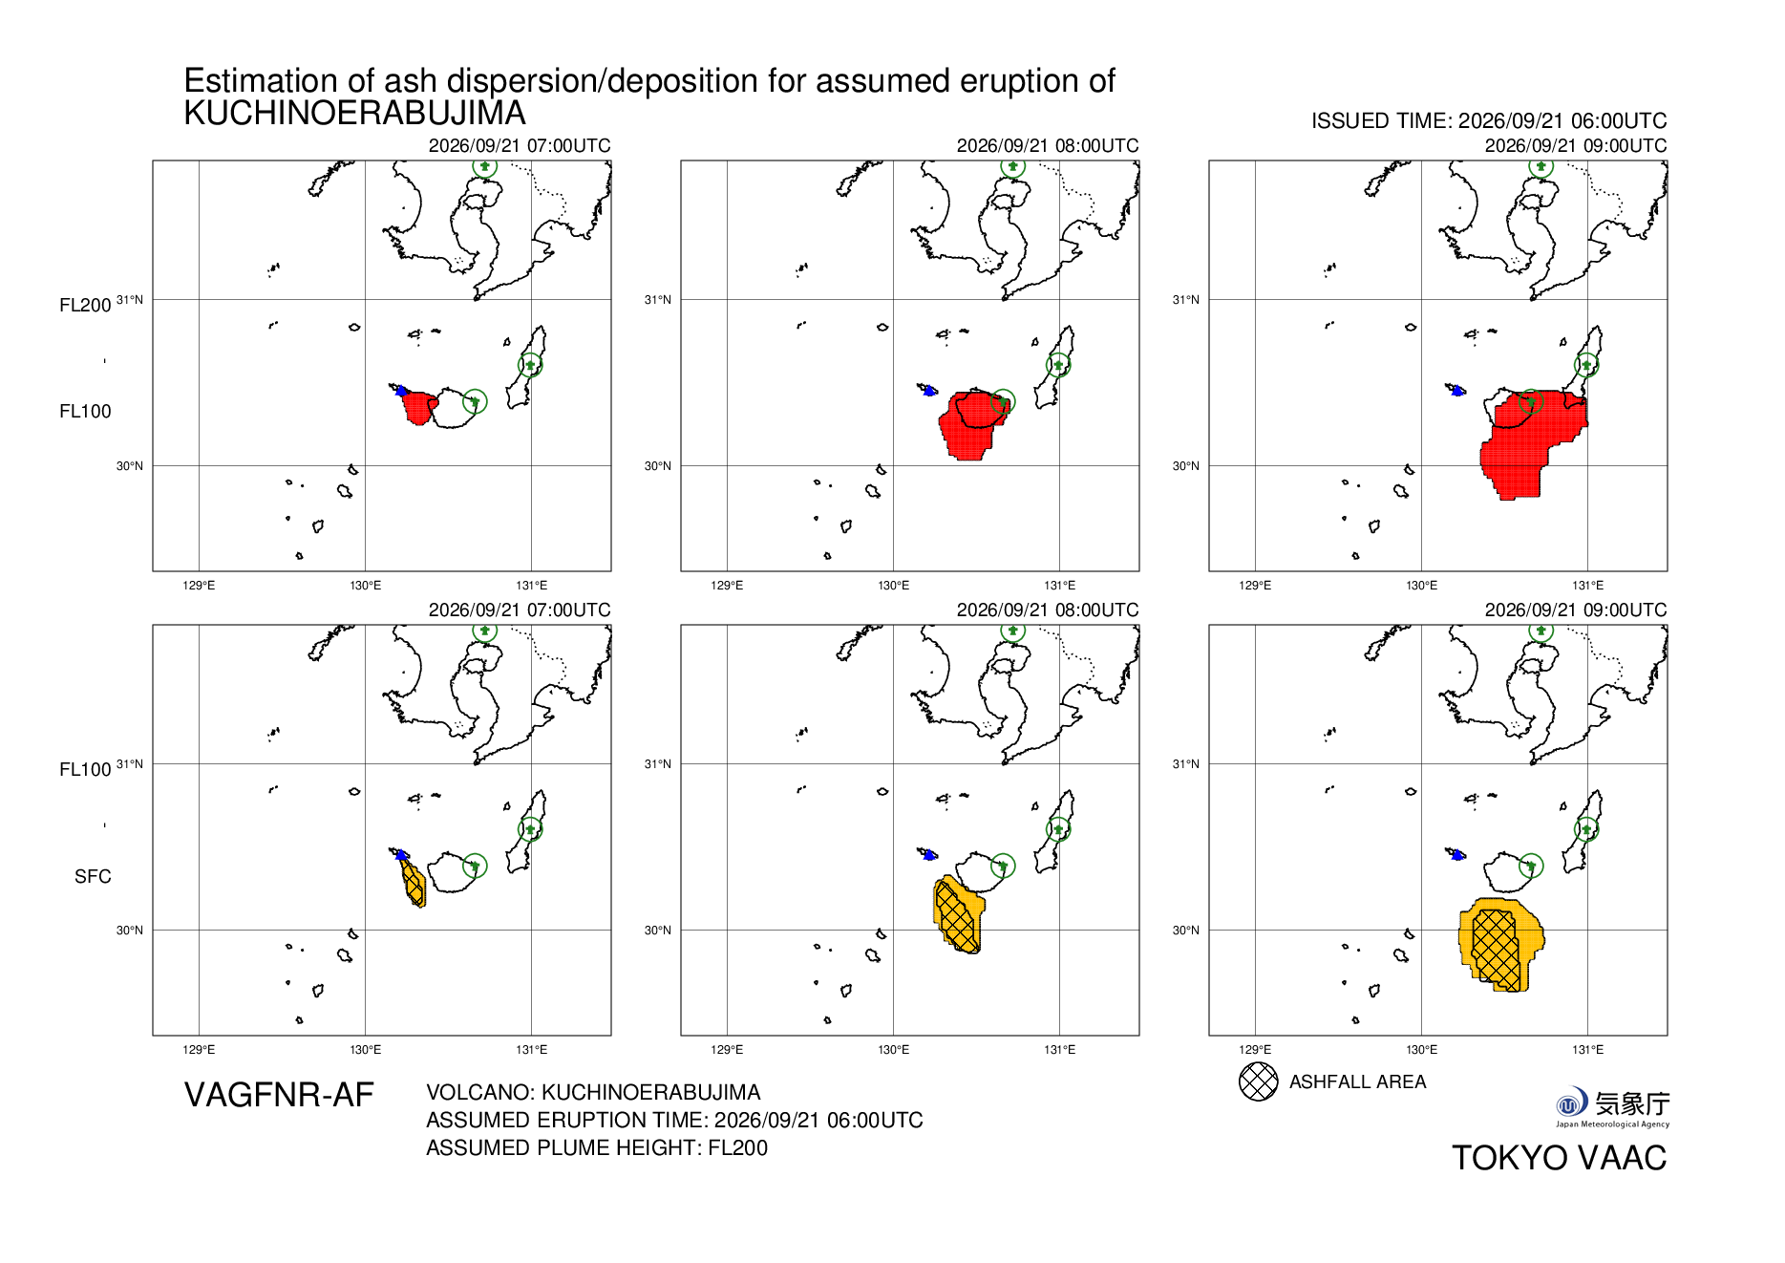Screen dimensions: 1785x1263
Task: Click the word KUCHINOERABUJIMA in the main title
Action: [x=354, y=114]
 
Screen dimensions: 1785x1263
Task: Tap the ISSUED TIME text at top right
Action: [x=1489, y=121]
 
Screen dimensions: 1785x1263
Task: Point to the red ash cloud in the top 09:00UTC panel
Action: [x=1528, y=441]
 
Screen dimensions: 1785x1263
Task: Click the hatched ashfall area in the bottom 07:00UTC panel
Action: [x=414, y=883]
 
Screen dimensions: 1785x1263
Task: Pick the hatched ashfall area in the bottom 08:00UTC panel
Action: [x=957, y=916]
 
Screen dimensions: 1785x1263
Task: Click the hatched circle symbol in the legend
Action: [x=1258, y=1081]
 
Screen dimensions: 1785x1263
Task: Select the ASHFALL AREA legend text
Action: [x=1357, y=1081]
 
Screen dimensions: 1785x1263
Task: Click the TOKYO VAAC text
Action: [x=1559, y=1158]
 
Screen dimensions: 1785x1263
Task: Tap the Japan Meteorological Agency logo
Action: [x=1612, y=1107]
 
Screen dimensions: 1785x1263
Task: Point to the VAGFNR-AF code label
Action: [x=279, y=1095]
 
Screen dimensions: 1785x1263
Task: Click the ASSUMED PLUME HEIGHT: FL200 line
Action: [x=597, y=1147]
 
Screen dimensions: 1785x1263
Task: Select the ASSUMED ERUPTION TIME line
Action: [x=674, y=1120]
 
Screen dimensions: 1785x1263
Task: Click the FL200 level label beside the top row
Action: [x=85, y=306]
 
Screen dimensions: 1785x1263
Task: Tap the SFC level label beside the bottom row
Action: [x=93, y=877]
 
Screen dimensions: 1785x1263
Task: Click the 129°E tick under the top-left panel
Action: [x=199, y=586]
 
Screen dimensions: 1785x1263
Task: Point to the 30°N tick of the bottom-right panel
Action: [x=1185, y=931]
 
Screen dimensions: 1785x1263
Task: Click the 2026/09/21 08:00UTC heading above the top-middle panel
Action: [x=1048, y=145]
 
